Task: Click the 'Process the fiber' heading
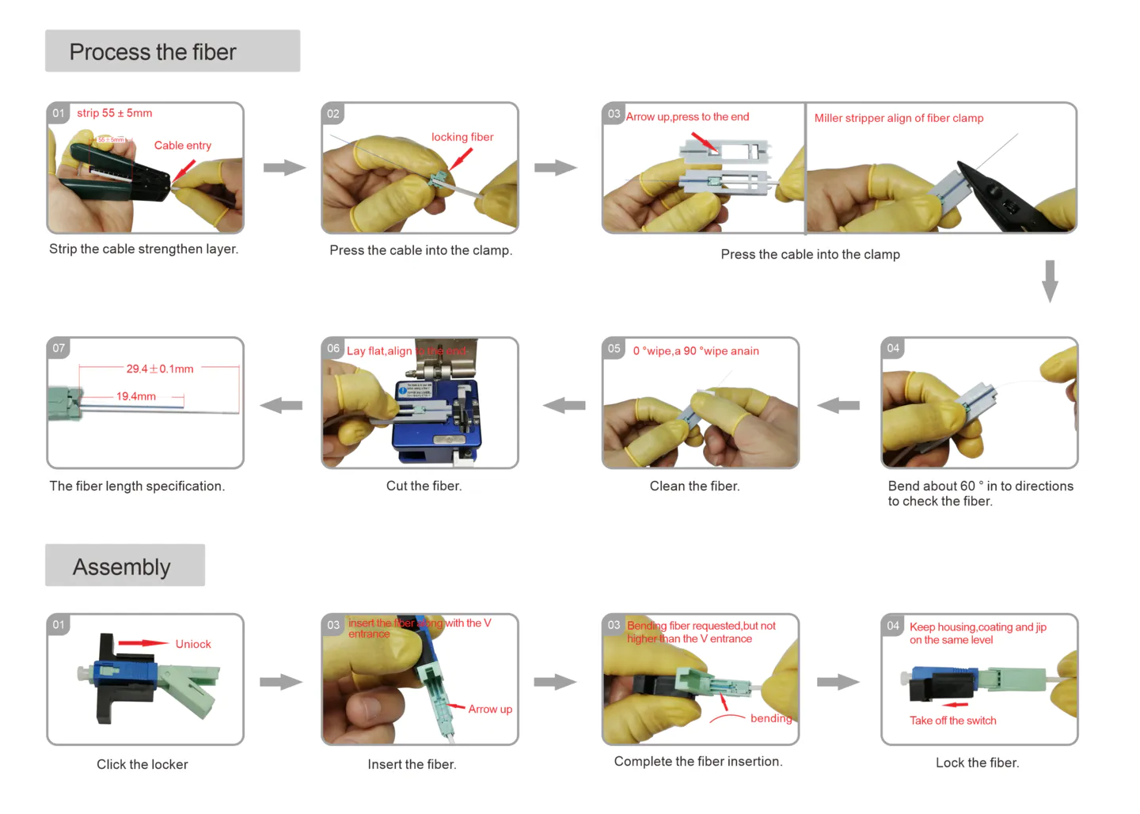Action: point(153,52)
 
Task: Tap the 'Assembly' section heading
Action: point(122,567)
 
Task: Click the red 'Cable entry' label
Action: point(183,146)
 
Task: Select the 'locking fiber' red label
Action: point(462,137)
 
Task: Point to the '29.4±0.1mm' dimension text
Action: point(160,369)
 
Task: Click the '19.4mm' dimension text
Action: point(136,396)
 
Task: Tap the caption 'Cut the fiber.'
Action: point(424,486)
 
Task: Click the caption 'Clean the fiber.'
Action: point(694,486)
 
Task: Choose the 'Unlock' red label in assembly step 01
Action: point(193,644)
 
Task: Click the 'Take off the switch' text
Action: point(952,721)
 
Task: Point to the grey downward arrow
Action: point(1050,281)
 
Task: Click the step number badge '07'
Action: point(59,348)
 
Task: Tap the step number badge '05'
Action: point(614,348)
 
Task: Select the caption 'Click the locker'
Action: point(142,764)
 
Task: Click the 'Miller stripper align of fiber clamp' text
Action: point(899,118)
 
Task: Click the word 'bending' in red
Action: point(770,718)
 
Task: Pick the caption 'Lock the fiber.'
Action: point(977,763)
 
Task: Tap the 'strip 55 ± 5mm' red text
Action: point(115,113)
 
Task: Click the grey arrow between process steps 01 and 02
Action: point(284,168)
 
